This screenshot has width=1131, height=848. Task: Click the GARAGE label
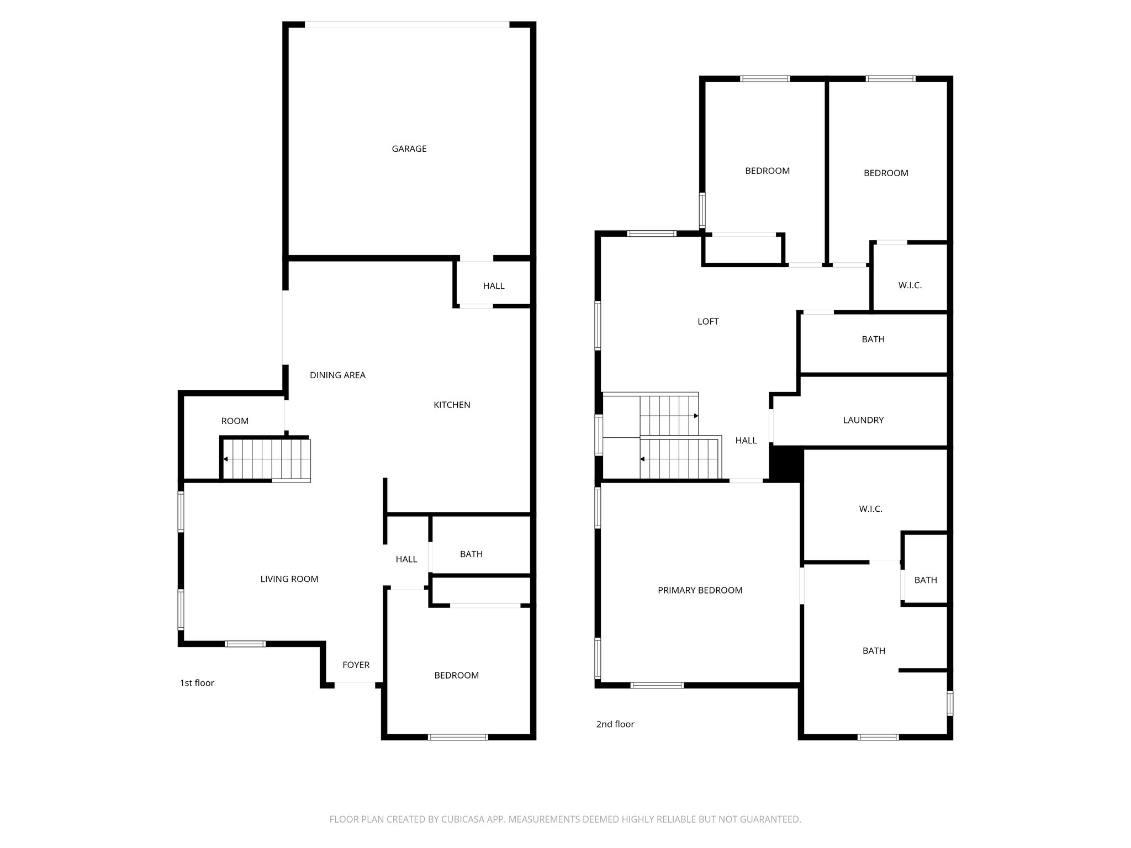(409, 149)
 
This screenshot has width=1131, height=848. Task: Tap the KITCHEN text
(452, 405)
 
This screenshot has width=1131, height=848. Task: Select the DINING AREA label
(337, 375)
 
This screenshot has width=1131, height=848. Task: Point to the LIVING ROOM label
(289, 579)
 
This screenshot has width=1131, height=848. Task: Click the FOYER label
(356, 665)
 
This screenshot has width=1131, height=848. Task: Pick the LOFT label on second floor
(708, 321)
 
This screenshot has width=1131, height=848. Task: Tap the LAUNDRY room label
(863, 420)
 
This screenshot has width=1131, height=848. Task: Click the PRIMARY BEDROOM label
(700, 590)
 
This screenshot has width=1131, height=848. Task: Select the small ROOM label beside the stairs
(235, 421)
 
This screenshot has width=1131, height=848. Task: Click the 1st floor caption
(197, 683)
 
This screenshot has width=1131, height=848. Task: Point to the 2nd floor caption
(615, 724)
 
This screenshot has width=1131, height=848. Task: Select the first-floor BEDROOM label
(456, 675)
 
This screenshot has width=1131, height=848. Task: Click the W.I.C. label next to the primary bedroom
(870, 509)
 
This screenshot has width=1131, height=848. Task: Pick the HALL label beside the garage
(494, 285)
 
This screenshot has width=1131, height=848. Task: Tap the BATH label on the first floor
(471, 554)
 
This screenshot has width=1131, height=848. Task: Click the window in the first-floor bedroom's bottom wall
(458, 736)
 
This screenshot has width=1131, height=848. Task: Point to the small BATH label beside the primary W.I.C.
(926, 580)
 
